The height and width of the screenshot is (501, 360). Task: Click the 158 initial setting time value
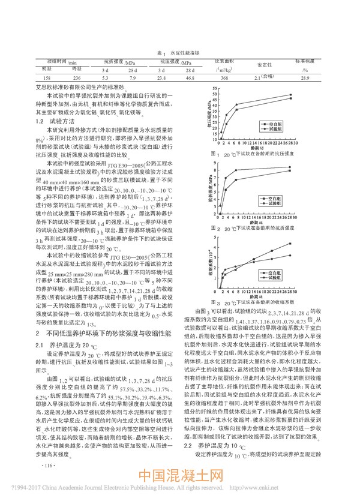click(31, 77)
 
